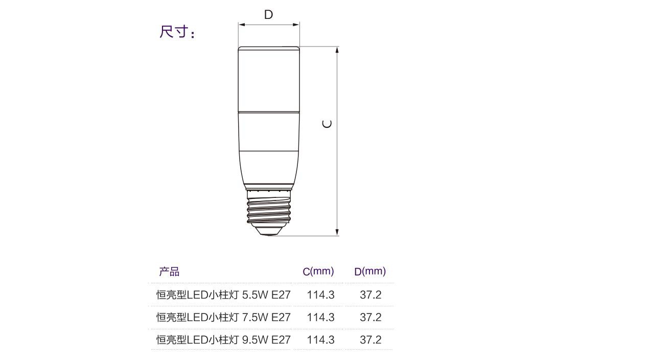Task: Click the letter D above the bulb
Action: click(x=268, y=14)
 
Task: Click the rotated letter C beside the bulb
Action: click(x=327, y=124)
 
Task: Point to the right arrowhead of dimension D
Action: click(x=296, y=25)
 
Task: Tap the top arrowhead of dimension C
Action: click(x=337, y=50)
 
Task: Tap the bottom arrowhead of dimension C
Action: click(x=337, y=232)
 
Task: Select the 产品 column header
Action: click(x=169, y=272)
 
